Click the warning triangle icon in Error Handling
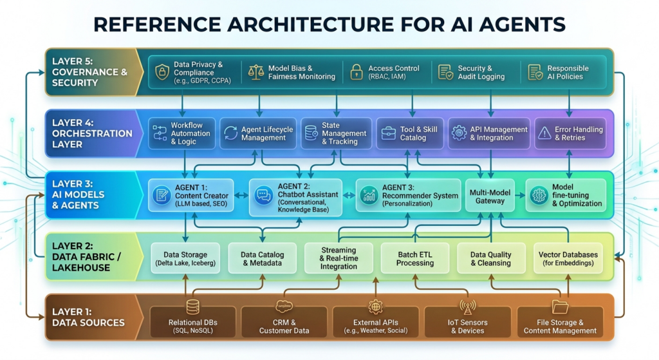pyautogui.click(x=544, y=133)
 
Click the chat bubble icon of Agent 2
pyautogui.click(x=264, y=195)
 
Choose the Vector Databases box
pyautogui.click(x=568, y=258)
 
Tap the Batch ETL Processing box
pyautogui.click(x=415, y=258)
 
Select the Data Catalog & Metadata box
pyautogui.click(x=262, y=258)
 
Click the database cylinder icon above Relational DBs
pyautogui.click(x=192, y=307)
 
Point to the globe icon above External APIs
pyautogui.click(x=375, y=307)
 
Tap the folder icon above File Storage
pyautogui.click(x=560, y=307)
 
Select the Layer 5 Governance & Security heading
pyautogui.click(x=89, y=72)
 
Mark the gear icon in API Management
pyautogui.click(x=459, y=133)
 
